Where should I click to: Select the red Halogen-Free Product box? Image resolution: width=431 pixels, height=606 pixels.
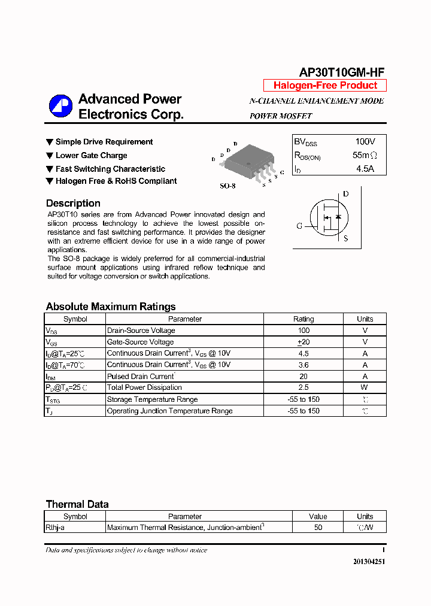pyautogui.click(x=325, y=86)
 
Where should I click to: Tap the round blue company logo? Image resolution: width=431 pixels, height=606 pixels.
pyautogui.click(x=60, y=107)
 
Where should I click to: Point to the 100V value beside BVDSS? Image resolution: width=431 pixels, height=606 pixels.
pyautogui.click(x=365, y=142)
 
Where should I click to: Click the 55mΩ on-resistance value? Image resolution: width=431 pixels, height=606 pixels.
pyautogui.click(x=365, y=156)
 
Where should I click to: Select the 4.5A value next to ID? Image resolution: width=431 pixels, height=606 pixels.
pyautogui.click(x=365, y=169)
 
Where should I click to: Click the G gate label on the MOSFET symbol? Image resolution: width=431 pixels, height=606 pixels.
pyautogui.click(x=299, y=226)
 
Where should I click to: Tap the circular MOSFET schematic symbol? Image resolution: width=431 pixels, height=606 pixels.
pyautogui.click(x=328, y=218)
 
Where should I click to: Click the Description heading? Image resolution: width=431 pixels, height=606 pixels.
pyautogui.click(x=73, y=203)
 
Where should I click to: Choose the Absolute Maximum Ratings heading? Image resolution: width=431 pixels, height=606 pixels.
pyautogui.click(x=111, y=307)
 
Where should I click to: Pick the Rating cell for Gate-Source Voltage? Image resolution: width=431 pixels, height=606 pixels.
pyautogui.click(x=303, y=342)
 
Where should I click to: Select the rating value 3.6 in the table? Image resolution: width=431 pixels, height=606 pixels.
pyautogui.click(x=303, y=365)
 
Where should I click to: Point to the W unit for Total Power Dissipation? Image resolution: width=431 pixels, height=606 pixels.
pyautogui.click(x=365, y=388)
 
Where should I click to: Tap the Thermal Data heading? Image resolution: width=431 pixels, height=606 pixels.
pyautogui.click(x=77, y=504)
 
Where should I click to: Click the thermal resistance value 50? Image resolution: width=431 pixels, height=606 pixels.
pyautogui.click(x=318, y=528)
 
